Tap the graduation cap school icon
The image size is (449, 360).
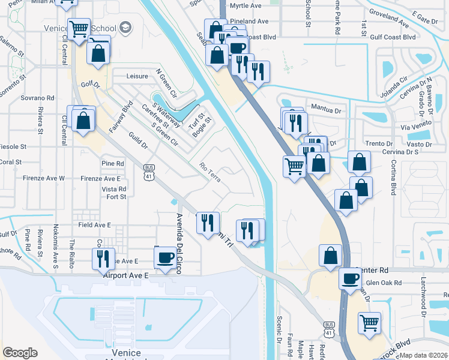click(125, 28)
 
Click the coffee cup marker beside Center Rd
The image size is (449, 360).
click(350, 278)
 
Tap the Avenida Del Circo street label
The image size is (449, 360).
click(179, 238)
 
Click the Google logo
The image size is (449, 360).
click(20, 353)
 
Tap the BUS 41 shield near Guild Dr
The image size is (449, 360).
click(149, 172)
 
